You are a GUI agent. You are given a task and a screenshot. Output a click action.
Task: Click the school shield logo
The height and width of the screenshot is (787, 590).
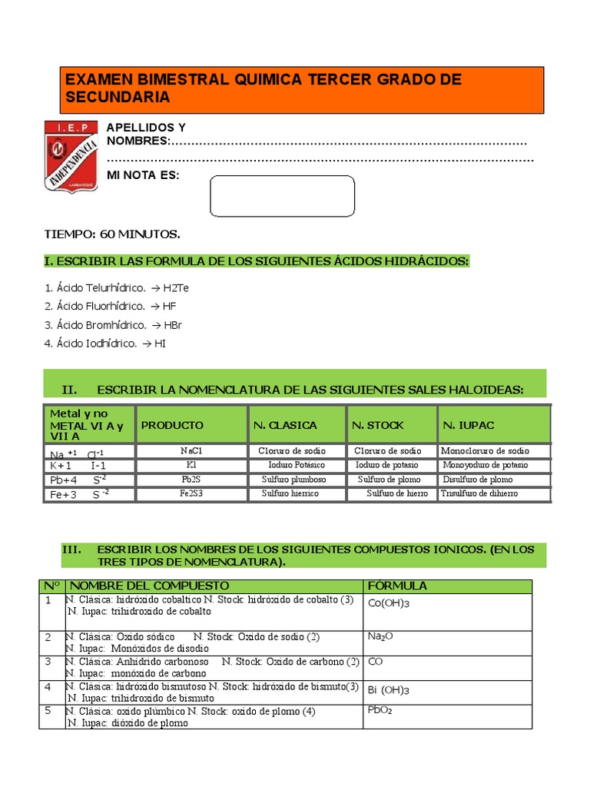tap(71, 156)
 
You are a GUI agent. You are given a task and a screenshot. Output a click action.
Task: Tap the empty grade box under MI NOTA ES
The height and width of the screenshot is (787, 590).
tap(282, 196)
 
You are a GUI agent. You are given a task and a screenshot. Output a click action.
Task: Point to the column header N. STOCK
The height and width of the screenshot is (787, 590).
tap(377, 425)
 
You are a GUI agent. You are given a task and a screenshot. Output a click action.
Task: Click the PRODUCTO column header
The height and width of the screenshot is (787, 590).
tap(172, 425)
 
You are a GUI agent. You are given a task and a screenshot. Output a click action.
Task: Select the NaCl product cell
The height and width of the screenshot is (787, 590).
tap(191, 451)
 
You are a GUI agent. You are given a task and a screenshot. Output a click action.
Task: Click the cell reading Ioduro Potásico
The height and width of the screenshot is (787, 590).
tap(296, 465)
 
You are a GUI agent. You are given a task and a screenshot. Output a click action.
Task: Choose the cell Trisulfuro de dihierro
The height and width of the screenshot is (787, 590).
tap(479, 493)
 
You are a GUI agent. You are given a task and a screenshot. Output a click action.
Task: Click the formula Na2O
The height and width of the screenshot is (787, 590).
tap(382, 637)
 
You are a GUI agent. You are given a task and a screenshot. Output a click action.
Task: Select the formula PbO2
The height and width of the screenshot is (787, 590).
tap(380, 711)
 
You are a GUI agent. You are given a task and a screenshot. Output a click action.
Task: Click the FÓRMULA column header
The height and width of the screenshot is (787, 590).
tap(398, 586)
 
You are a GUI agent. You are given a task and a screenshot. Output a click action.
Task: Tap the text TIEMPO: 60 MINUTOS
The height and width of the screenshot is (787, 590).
tap(112, 234)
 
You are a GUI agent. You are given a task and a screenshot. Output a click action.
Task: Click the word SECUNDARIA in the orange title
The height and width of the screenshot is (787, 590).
tap(118, 98)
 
